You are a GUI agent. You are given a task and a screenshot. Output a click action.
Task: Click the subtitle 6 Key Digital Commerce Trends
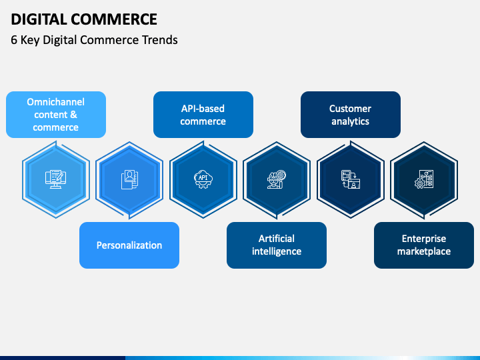tap(94, 39)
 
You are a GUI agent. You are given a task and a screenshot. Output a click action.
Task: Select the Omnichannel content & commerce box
tap(56, 115)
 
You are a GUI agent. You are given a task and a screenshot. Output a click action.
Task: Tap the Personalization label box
tap(129, 245)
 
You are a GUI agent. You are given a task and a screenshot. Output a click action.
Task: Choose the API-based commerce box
tap(203, 115)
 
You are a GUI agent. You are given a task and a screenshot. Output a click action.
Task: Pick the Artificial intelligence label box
tap(277, 245)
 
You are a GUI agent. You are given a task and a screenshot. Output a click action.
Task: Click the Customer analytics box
tap(351, 115)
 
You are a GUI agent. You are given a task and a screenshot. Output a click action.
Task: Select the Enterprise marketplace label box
tap(424, 245)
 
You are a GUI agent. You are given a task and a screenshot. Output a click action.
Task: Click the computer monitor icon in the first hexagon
tap(55, 179)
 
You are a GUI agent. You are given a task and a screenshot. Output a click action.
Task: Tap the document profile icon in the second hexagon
tap(129, 179)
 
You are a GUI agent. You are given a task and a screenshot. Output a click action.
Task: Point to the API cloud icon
tap(203, 179)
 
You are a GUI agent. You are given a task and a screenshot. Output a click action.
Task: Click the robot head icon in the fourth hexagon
tap(276, 179)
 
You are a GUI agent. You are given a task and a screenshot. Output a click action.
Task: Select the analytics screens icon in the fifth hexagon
tap(350, 179)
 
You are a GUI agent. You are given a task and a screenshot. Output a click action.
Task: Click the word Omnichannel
tap(56, 102)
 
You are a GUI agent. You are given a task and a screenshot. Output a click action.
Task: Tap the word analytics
tap(351, 121)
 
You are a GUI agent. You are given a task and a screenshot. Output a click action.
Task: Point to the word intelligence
tap(277, 251)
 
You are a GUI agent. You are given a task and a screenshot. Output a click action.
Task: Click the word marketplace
tap(424, 251)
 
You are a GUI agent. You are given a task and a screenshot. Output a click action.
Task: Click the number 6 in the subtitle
tap(14, 39)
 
